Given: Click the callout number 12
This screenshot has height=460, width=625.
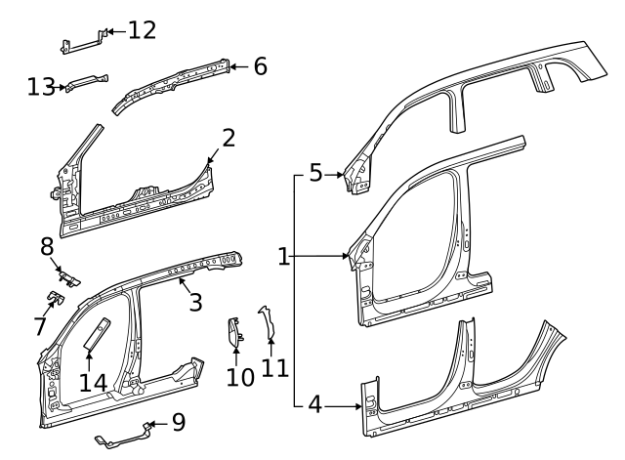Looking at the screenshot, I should tap(142, 30).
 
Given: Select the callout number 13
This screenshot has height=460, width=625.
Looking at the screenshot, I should tap(40, 87).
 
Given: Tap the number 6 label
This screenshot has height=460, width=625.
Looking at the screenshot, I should tap(259, 66).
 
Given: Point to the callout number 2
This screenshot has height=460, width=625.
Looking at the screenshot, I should tap(228, 138).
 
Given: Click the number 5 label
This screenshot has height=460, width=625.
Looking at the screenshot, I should tap(314, 174).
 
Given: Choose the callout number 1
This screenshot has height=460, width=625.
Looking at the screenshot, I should tap(283, 257).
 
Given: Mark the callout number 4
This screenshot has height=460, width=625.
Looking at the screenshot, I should tap(314, 403).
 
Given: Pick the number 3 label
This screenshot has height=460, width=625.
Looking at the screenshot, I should tap(195, 302).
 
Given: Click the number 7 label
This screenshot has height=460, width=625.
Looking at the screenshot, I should tap(39, 326).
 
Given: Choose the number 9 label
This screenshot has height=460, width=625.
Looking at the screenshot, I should tap(177, 423).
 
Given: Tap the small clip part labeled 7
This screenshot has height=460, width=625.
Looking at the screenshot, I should tap(57, 297).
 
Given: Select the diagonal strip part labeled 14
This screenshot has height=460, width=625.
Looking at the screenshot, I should tap(98, 332).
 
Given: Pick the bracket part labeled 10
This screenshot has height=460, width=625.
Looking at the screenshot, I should tap(234, 333).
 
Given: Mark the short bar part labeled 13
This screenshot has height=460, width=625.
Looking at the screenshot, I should tap(86, 83).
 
